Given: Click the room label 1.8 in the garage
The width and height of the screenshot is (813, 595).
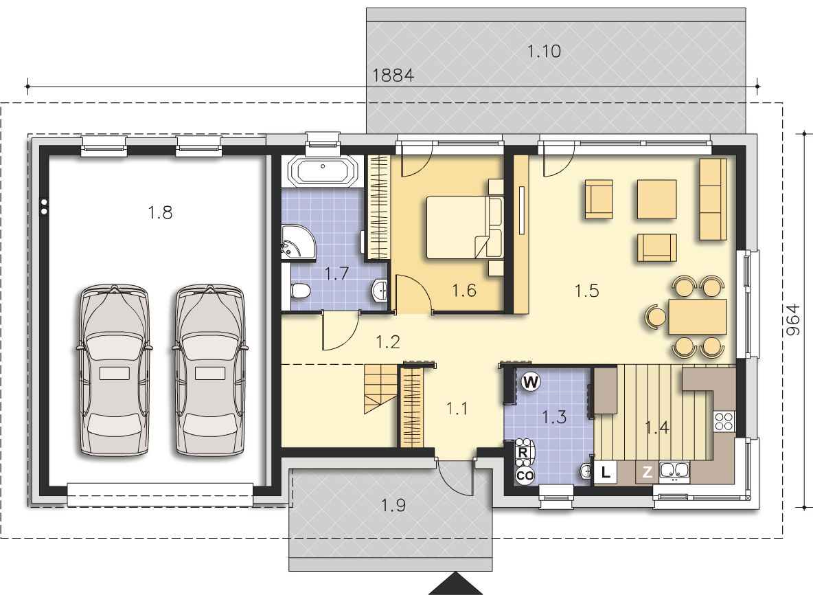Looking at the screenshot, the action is [x=160, y=213].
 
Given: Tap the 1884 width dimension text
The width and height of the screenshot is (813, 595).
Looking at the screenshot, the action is [x=393, y=76].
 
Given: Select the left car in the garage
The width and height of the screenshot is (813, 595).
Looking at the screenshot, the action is [x=114, y=370].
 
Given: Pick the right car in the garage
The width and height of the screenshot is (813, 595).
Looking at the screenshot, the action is [x=209, y=370].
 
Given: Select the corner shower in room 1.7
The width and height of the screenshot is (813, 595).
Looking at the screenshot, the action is [x=299, y=243].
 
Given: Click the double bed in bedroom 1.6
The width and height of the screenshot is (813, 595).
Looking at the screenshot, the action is [x=464, y=227].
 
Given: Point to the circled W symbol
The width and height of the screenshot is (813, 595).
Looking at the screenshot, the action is [x=530, y=382].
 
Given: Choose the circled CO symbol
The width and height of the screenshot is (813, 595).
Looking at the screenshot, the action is [x=525, y=475].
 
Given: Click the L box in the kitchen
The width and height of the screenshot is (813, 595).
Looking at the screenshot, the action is [x=605, y=472].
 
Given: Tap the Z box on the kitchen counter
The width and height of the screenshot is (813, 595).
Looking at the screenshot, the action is [x=647, y=472].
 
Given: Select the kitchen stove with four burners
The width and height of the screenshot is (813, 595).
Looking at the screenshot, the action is [x=724, y=420].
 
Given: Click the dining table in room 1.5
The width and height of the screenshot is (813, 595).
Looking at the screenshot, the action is [x=698, y=317].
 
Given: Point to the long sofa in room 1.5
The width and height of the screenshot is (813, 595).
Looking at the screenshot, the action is [x=713, y=199].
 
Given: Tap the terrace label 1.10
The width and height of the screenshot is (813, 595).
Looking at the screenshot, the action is [x=544, y=52].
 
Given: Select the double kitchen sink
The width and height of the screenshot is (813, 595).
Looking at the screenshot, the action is [x=674, y=471].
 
